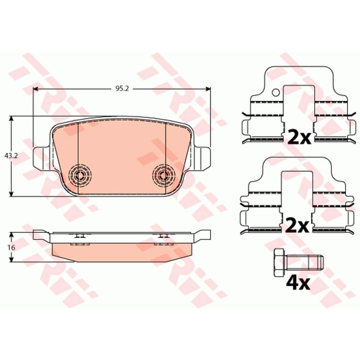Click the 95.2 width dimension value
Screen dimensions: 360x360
(122, 88)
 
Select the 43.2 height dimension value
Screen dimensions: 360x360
(11, 156)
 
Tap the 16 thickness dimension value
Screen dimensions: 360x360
(11, 248)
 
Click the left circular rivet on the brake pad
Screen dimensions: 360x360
(80, 176)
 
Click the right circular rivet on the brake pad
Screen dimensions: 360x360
(164, 176)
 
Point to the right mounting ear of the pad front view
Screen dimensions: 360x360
(202, 159)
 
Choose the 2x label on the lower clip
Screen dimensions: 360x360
(296, 226)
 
